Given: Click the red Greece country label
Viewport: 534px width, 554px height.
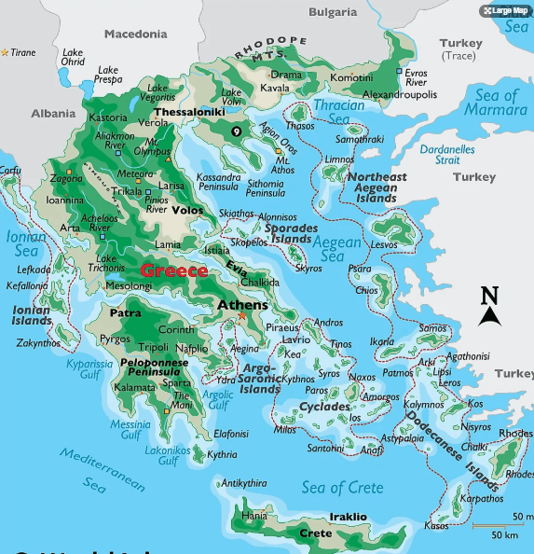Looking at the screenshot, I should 174,270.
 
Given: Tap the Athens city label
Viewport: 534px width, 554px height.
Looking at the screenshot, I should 242,305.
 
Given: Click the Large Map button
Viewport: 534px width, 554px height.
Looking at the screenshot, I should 505,11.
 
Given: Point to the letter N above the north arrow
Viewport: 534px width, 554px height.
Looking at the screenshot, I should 489,296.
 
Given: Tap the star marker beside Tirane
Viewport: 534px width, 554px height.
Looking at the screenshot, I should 5,52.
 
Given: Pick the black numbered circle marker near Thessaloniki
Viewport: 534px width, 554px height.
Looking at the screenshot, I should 237,132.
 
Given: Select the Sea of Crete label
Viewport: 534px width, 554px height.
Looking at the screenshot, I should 342,487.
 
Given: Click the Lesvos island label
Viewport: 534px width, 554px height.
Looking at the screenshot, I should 384,244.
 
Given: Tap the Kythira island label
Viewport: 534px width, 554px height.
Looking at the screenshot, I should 222,455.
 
